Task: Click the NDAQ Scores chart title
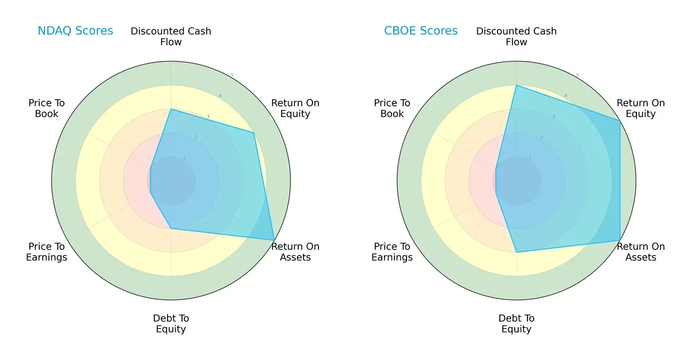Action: [75, 31]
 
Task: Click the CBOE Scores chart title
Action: [420, 31]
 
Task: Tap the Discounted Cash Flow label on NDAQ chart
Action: [171, 36]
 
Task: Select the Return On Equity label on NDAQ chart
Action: [295, 108]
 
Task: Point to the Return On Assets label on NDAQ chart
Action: [295, 252]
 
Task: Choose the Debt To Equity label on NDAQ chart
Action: [171, 324]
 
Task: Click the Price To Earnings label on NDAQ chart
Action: [47, 252]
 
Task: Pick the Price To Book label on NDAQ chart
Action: [47, 108]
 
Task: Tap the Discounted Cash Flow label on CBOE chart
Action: [517, 36]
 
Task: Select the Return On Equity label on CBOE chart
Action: [640, 108]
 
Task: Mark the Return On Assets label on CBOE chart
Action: [640, 252]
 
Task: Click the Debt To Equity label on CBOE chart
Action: [517, 324]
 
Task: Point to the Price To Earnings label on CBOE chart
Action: [392, 252]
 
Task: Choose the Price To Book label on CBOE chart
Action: [392, 108]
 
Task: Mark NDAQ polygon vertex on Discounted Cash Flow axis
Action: [171, 109]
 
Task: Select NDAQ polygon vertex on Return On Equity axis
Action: [254, 132]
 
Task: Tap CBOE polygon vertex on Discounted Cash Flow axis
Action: [517, 85]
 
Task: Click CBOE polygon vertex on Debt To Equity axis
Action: [517, 252]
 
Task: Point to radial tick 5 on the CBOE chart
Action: [578, 75]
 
